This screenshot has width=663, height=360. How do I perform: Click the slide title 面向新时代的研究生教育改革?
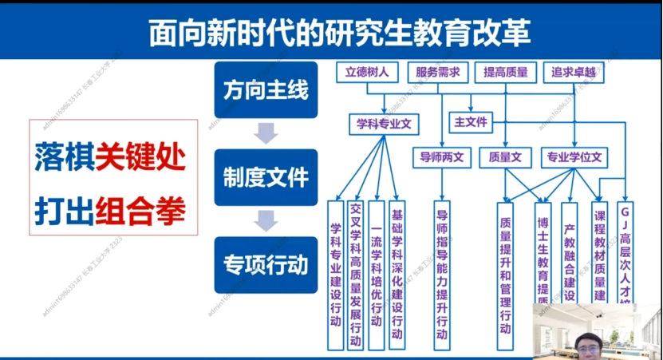click(330, 33)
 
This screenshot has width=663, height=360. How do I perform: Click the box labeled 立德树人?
click(366, 73)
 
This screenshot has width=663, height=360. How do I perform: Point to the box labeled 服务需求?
click(437, 73)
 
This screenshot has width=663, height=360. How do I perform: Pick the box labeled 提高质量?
click(505, 73)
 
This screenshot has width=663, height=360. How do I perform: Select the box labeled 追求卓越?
click(573, 73)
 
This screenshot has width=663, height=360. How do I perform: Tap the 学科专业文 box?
click(384, 124)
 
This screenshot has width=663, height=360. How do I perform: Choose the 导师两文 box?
click(442, 157)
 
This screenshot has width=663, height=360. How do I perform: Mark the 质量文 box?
click(505, 157)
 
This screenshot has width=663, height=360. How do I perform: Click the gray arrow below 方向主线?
click(264, 133)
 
